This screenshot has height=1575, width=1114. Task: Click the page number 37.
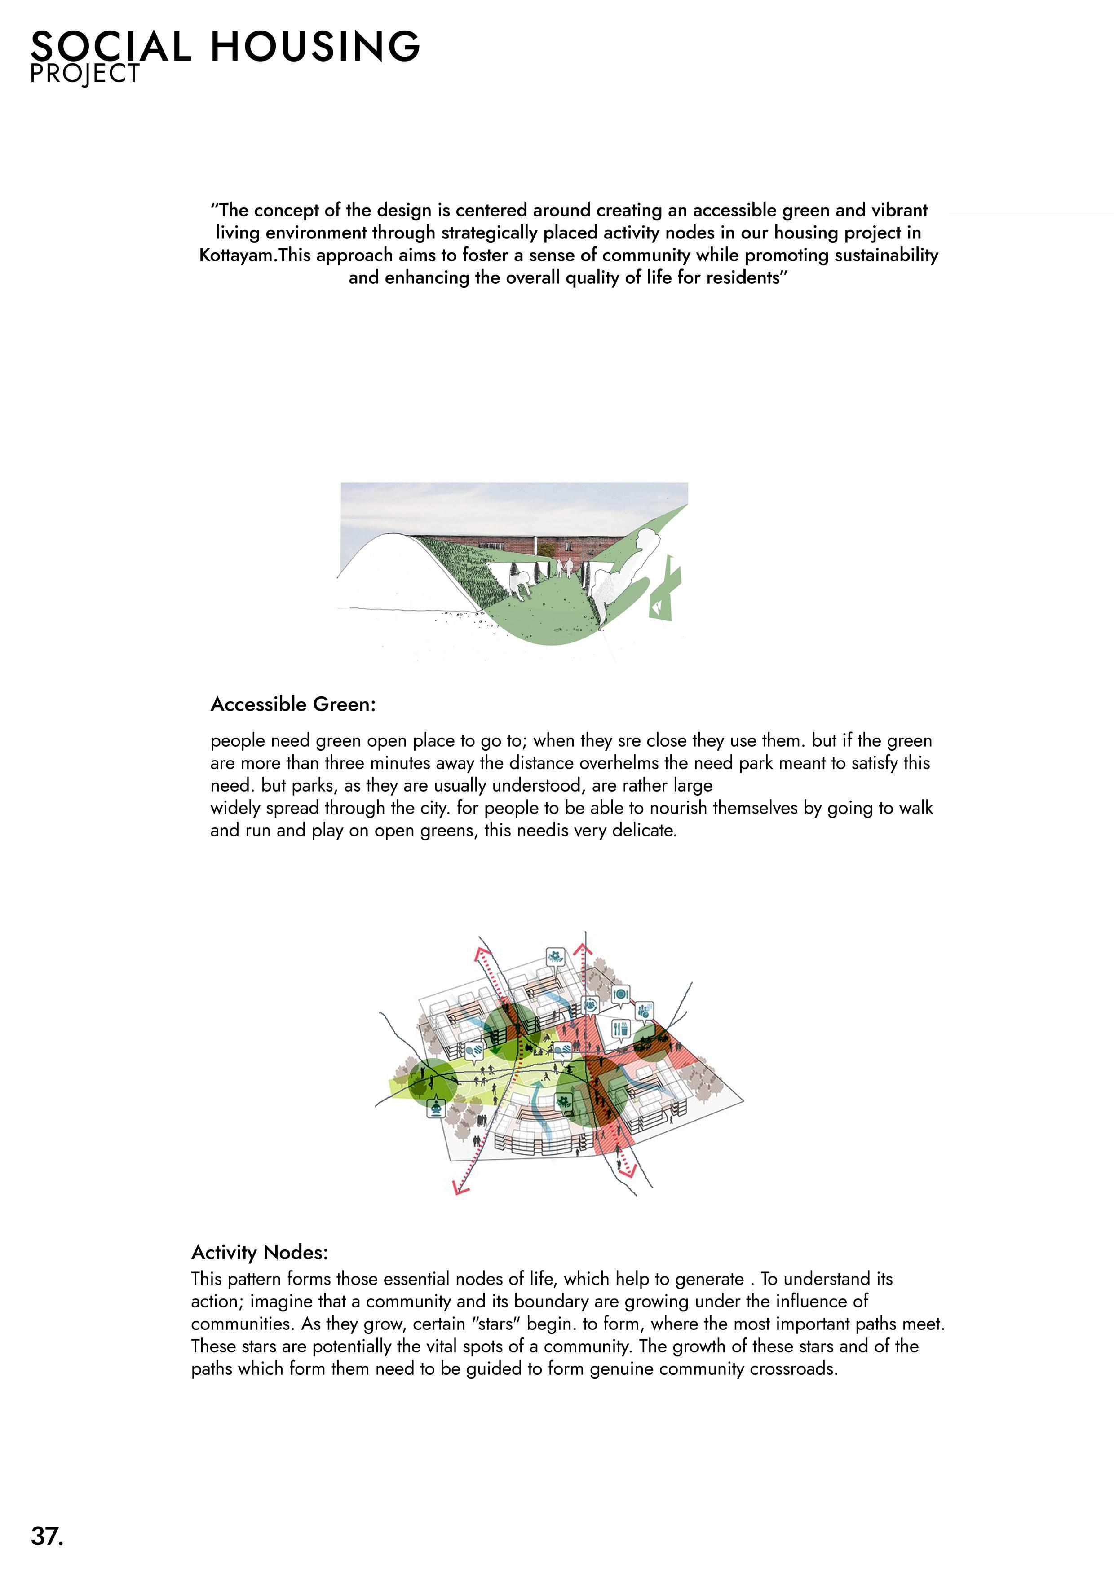[47, 1535]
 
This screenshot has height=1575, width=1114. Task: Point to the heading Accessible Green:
[293, 704]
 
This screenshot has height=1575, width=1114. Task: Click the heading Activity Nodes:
[260, 1252]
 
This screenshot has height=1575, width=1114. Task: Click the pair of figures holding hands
[564, 568]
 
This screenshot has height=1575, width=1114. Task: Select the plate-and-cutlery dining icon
[620, 993]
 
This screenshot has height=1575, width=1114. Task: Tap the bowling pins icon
[644, 1010]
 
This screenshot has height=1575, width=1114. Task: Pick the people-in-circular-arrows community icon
[590, 1005]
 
